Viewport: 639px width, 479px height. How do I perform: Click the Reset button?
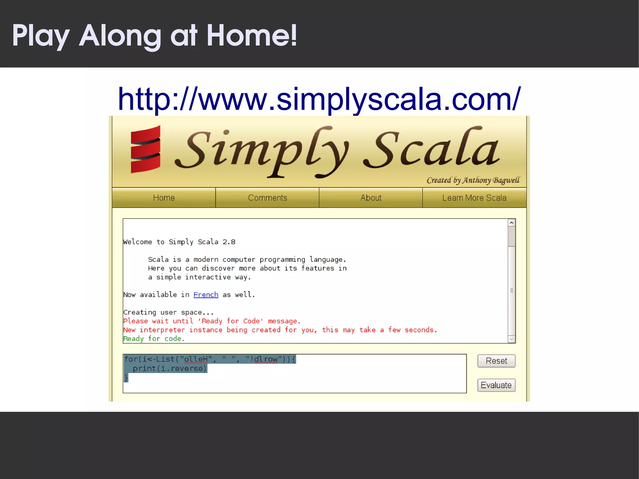[x=496, y=361]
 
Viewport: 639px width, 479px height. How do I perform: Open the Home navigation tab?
[x=164, y=198]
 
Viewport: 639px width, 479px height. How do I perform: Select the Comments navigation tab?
[x=267, y=198]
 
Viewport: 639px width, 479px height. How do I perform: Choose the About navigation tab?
[x=371, y=198]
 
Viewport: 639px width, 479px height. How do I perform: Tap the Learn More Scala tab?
[x=474, y=198]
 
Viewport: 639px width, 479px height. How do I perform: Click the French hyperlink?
[x=206, y=295]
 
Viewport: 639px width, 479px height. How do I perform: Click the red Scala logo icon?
[x=145, y=149]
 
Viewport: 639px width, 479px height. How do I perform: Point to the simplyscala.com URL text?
[x=319, y=99]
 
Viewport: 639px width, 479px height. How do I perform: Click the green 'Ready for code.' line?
[x=154, y=339]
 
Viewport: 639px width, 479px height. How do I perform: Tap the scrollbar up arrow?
[x=511, y=223]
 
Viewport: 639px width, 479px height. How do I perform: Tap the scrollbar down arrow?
[x=511, y=339]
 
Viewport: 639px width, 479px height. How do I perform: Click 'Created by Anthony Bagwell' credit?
[x=473, y=180]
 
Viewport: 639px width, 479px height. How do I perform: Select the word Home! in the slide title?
[x=251, y=36]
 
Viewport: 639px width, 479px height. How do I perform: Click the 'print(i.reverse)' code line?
[x=170, y=369]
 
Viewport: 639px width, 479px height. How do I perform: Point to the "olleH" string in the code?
[x=196, y=359]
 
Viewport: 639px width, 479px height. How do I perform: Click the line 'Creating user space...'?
[x=168, y=312]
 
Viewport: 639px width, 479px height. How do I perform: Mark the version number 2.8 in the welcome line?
[x=229, y=242]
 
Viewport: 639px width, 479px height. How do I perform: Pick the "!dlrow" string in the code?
[x=264, y=359]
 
